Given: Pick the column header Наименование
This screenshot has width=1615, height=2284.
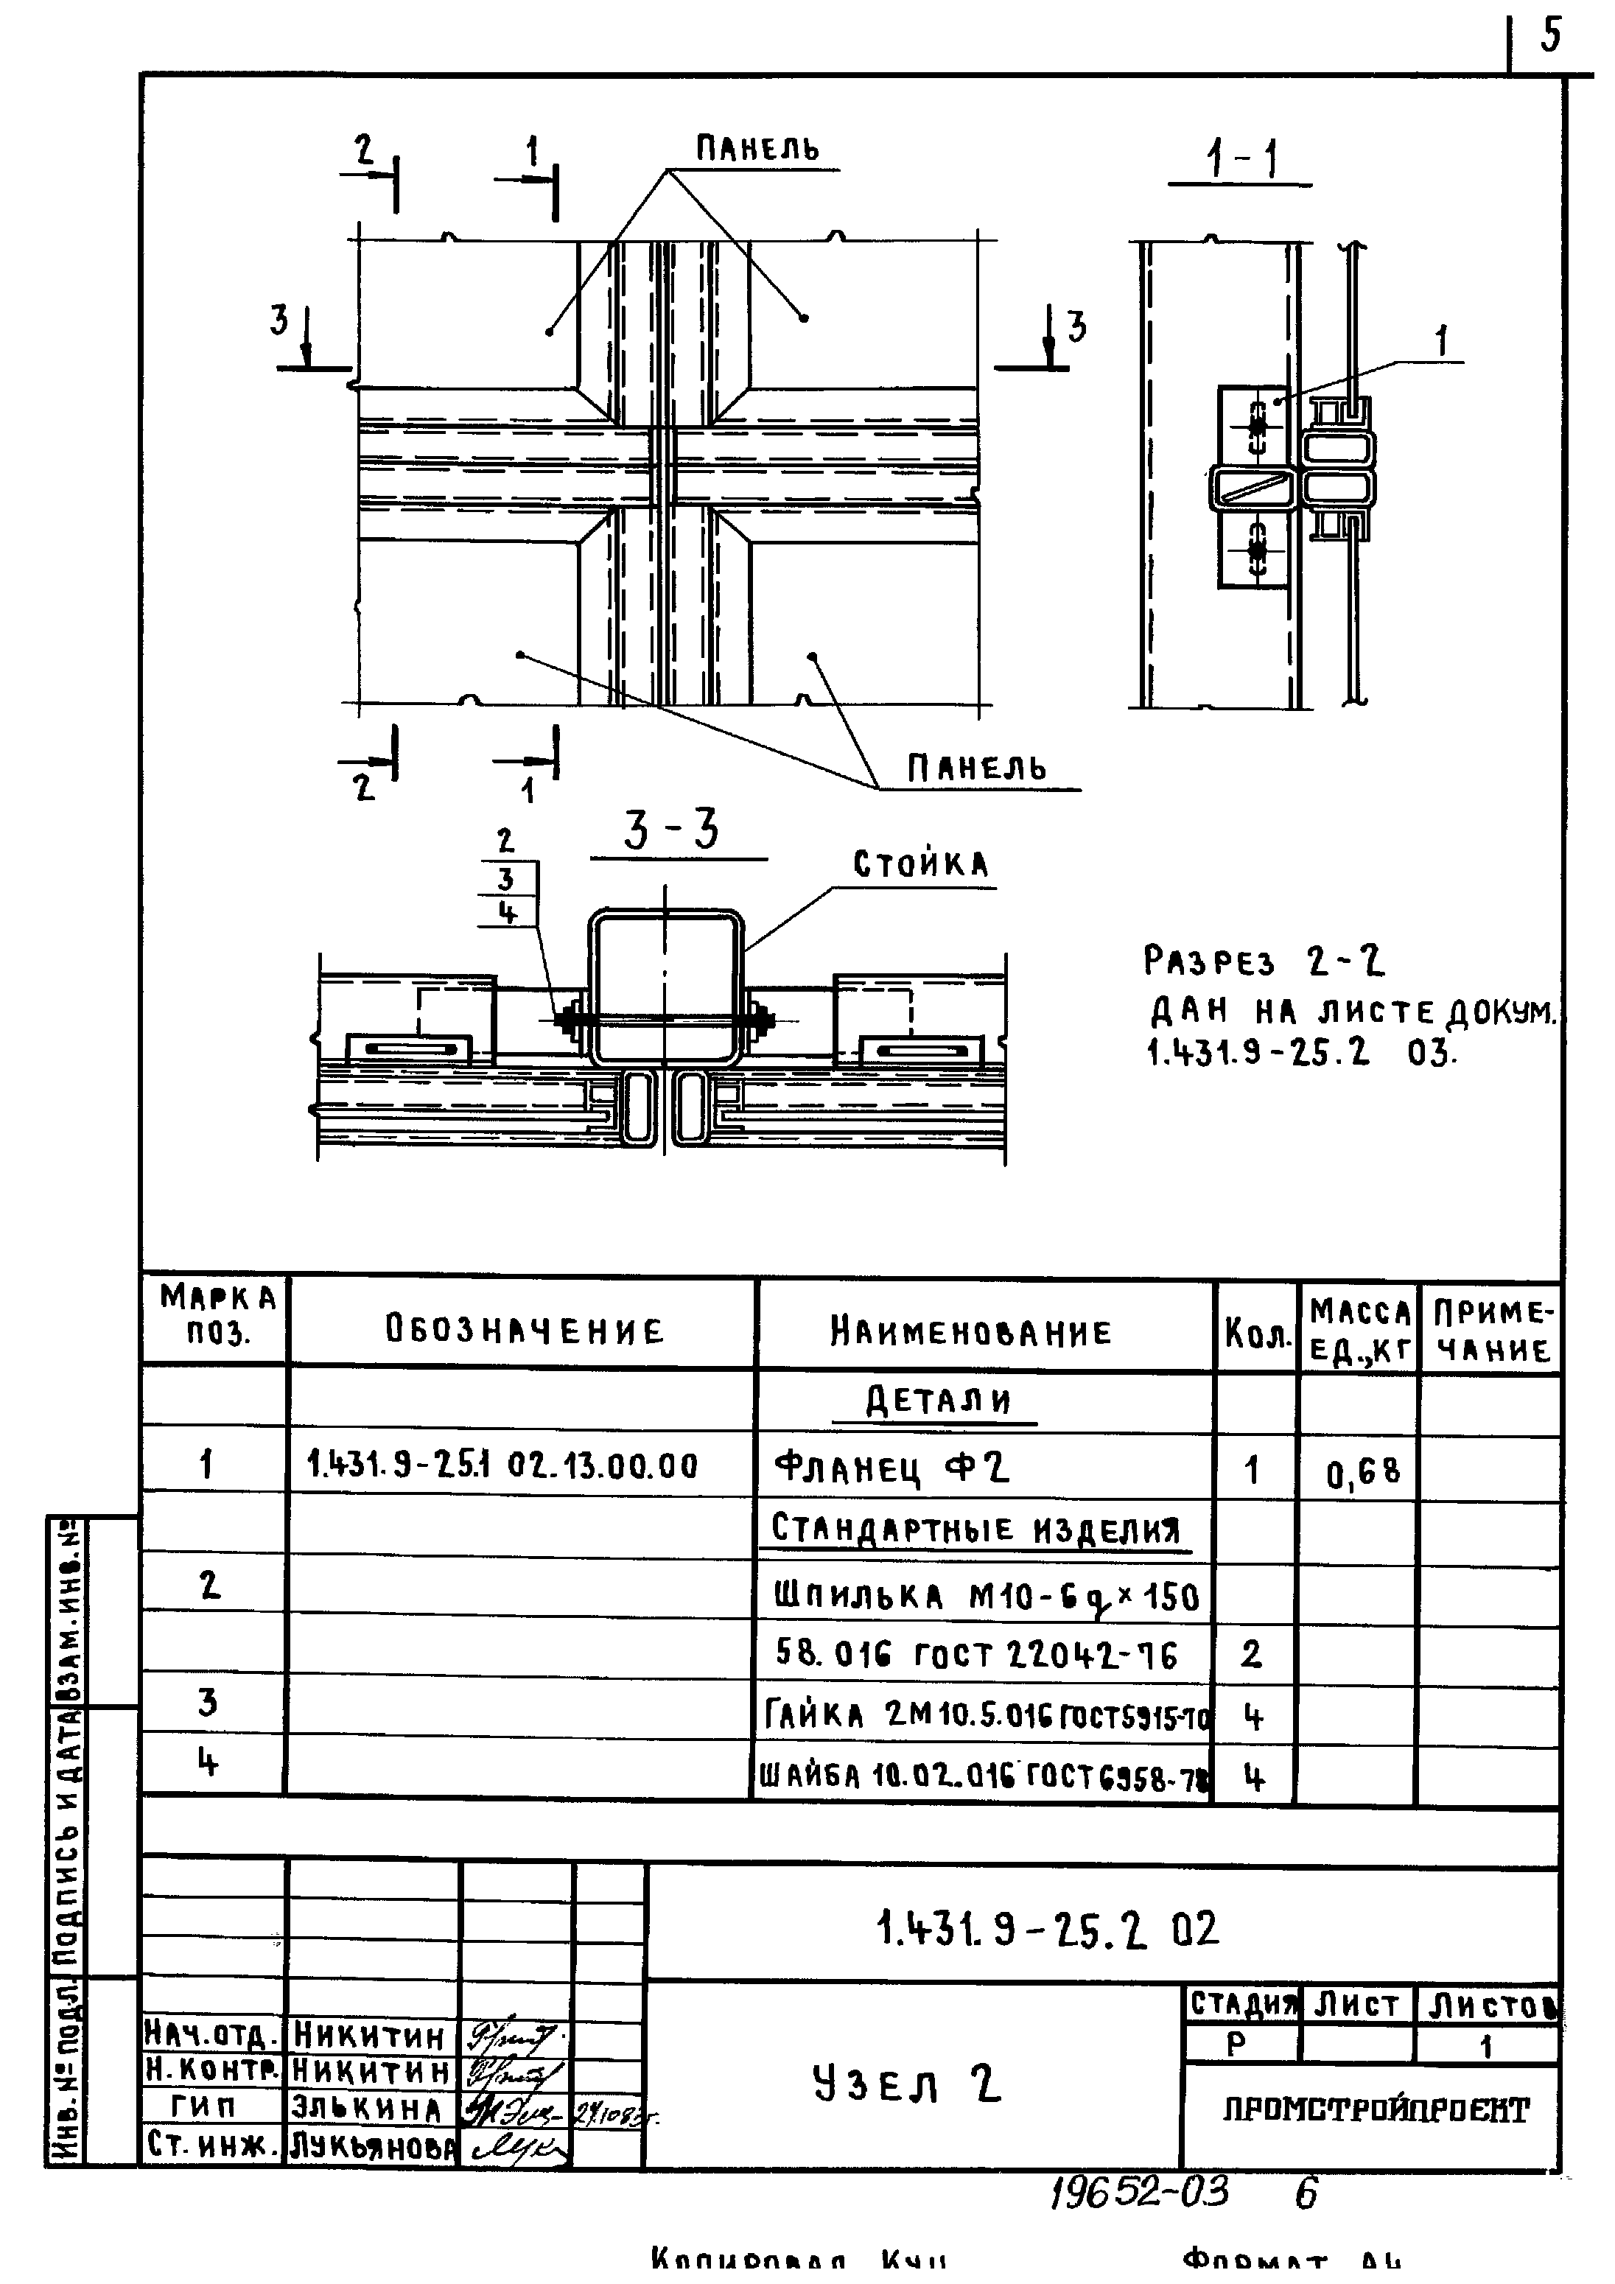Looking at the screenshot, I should (x=971, y=1332).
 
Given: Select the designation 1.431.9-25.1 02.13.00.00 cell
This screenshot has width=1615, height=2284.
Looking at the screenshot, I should (x=502, y=1465).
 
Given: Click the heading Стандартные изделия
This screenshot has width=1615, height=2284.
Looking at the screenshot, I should (x=976, y=1529).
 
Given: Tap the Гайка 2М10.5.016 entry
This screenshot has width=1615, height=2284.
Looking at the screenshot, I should (x=985, y=1715).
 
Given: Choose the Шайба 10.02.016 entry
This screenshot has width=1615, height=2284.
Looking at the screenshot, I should (x=983, y=1776).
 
